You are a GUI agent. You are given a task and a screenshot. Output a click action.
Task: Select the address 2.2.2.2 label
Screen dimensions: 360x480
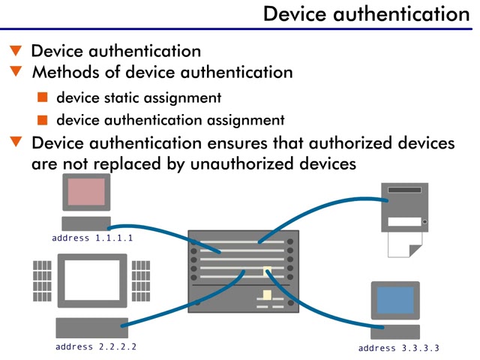[x=96, y=346]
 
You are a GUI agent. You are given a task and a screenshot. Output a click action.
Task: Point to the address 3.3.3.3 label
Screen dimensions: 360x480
[x=398, y=348]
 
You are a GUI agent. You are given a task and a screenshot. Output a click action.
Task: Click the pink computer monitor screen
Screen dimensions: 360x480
[x=86, y=192]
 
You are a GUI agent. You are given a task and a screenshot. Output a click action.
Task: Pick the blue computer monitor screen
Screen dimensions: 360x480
[x=395, y=300]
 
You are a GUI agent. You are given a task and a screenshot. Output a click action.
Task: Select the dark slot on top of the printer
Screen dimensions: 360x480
[x=405, y=190]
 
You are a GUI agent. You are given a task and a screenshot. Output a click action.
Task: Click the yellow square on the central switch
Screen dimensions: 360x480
[x=266, y=270]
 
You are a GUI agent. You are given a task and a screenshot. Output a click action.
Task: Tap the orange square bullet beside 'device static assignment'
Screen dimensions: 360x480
[x=43, y=97]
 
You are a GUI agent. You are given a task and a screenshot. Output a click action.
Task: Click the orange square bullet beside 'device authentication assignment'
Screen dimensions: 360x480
[x=43, y=119]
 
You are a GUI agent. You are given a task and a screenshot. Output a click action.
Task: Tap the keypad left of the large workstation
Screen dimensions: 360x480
[x=42, y=280]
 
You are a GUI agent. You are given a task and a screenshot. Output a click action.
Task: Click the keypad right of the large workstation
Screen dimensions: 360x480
[x=141, y=280]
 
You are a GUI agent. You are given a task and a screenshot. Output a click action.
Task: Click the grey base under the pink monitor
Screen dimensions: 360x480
[x=85, y=223]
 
